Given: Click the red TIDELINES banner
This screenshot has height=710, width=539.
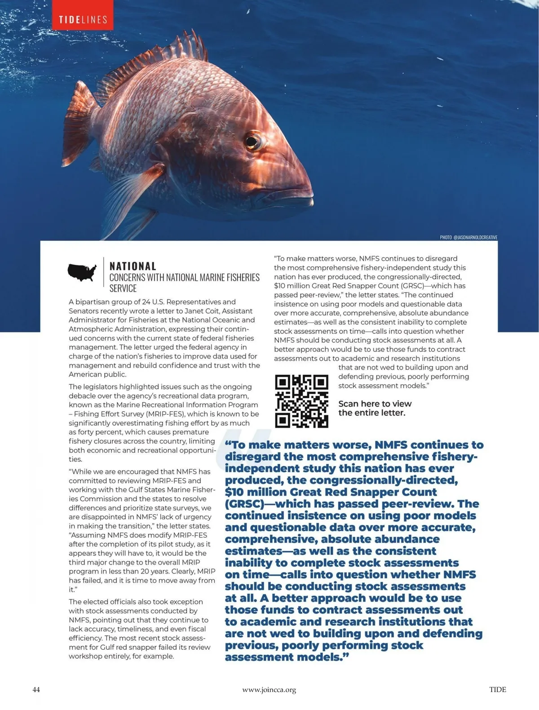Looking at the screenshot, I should point(83,19).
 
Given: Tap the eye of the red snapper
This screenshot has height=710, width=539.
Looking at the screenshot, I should point(253,142).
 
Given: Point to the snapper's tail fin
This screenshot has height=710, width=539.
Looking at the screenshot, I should point(81,108).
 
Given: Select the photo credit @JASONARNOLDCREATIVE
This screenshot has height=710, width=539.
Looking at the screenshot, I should point(468,237).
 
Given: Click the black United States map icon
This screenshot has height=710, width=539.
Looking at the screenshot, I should point(82,272).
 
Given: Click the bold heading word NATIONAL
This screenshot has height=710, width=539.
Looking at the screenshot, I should point(133,266).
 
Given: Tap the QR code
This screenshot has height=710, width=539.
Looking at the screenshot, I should point(301,401).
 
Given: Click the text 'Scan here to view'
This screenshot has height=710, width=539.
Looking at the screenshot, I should point(375,404).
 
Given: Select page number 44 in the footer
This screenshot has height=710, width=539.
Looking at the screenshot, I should point(36,689).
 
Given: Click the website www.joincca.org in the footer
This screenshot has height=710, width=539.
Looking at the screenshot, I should point(269,690).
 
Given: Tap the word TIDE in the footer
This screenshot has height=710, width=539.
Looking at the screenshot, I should point(498,689).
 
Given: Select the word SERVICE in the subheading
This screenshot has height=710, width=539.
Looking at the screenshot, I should point(123,288).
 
